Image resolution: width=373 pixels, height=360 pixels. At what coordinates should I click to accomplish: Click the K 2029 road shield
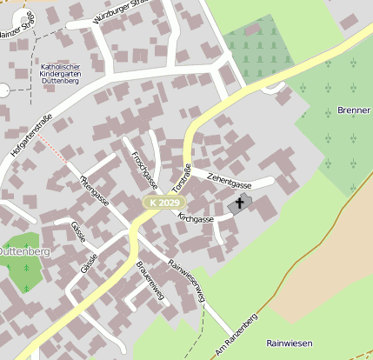coord(163,202)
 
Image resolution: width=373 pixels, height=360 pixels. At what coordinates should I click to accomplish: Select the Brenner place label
coord(353,111)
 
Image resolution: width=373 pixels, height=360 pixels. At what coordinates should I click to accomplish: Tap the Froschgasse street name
coord(143,170)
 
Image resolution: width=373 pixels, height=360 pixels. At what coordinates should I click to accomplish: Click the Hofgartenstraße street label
coord(32,135)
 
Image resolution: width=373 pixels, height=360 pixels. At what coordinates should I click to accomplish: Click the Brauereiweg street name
coord(150,279)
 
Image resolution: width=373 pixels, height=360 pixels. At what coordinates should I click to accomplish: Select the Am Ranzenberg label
coord(236,332)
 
